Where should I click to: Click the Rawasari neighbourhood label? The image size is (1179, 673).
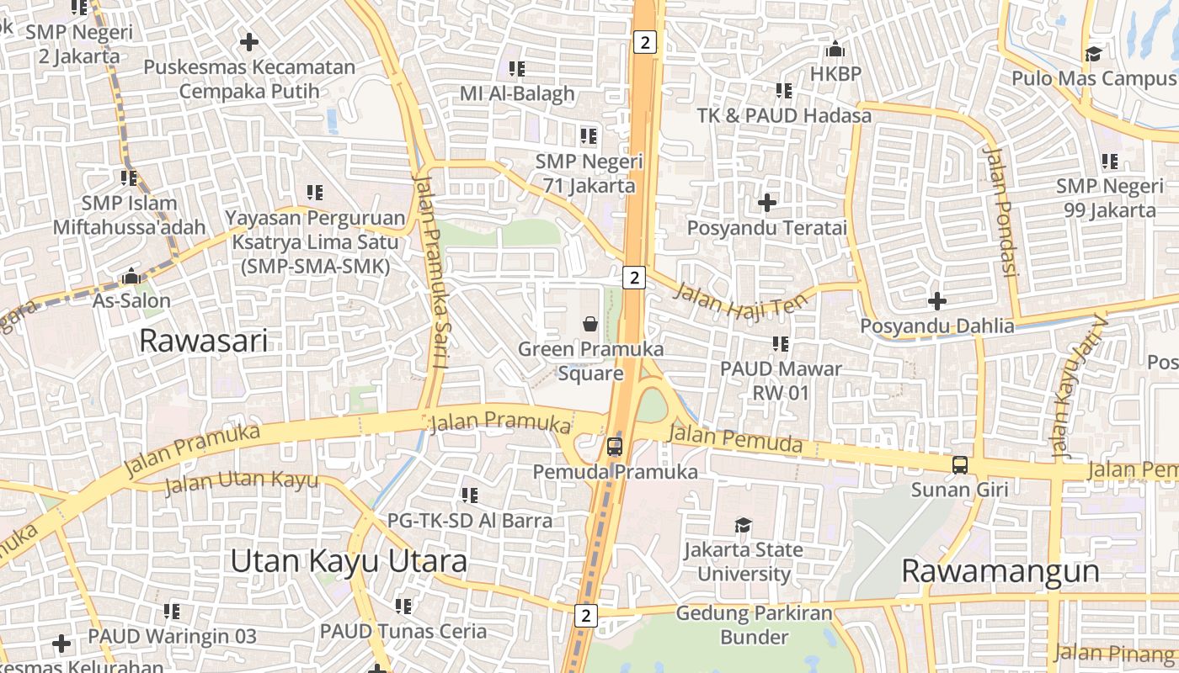pos(203,341)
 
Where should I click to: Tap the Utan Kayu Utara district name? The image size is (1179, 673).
pos(349,561)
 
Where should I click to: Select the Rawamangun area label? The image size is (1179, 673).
pos(1000,571)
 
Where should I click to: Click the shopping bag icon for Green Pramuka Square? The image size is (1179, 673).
pos(591,323)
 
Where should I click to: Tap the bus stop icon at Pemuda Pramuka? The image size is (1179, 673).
pos(615,447)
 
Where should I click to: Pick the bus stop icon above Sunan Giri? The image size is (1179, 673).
pos(959,464)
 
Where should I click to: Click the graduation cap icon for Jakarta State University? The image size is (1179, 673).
pos(743,526)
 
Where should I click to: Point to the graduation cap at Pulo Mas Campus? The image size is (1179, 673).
pos(1093,55)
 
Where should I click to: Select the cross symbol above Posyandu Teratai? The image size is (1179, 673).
pos(767,203)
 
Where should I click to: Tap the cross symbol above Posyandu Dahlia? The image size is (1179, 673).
pos(936,300)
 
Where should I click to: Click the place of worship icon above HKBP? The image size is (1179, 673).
pos(835,50)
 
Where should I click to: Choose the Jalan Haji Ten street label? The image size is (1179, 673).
pos(742,300)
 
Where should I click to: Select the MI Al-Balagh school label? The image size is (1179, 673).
pos(517,93)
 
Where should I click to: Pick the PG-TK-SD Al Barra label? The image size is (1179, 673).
pos(470,520)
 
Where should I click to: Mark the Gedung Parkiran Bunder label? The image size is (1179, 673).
pos(754,625)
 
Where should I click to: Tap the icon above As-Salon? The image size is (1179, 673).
pos(131,276)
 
